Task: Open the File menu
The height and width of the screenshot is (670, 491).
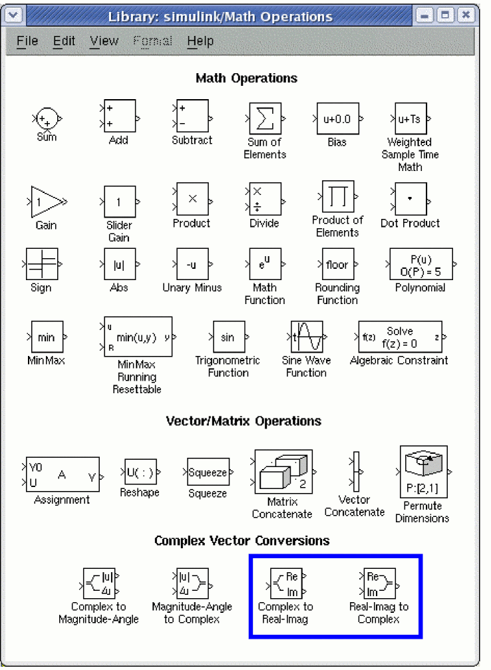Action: (x=27, y=41)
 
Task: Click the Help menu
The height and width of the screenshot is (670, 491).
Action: (x=200, y=41)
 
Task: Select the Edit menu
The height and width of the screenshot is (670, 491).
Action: (x=65, y=41)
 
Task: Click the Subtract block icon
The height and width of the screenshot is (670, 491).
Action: (x=192, y=116)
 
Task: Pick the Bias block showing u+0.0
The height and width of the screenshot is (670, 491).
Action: (x=337, y=120)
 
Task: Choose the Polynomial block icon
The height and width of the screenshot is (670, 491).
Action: (x=421, y=265)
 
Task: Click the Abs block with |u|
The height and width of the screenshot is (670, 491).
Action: (x=119, y=265)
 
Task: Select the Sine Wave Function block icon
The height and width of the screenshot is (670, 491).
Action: (x=307, y=337)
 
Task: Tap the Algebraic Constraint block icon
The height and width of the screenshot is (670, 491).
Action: (x=399, y=337)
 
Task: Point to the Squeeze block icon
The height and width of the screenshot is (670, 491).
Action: (x=208, y=472)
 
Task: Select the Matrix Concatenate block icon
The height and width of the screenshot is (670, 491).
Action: (x=283, y=472)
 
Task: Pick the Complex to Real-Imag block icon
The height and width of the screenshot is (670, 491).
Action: (x=285, y=582)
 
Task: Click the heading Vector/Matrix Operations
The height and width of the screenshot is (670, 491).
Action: (x=244, y=421)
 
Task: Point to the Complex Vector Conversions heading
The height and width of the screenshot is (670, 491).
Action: (x=242, y=540)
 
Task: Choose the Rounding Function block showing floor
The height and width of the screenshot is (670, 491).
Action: (x=337, y=265)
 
